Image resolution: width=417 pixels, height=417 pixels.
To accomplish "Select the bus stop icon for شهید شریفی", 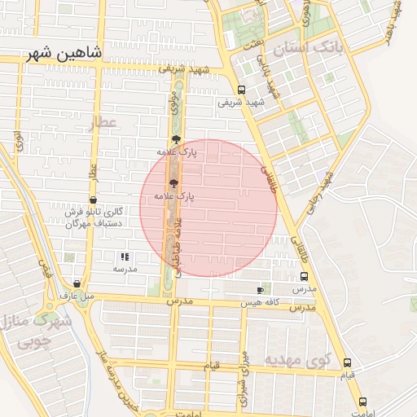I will tap(241, 90).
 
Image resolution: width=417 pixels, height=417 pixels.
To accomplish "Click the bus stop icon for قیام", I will tap(348, 362).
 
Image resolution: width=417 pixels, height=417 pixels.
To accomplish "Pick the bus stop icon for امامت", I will tap(363, 402).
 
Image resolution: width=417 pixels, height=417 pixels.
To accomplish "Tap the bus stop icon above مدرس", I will tap(304, 275).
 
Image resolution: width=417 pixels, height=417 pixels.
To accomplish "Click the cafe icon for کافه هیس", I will tap(260, 290).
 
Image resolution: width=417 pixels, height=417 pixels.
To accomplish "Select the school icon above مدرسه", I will tap(125, 257).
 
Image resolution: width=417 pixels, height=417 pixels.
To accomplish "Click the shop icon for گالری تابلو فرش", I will tap(93, 200).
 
